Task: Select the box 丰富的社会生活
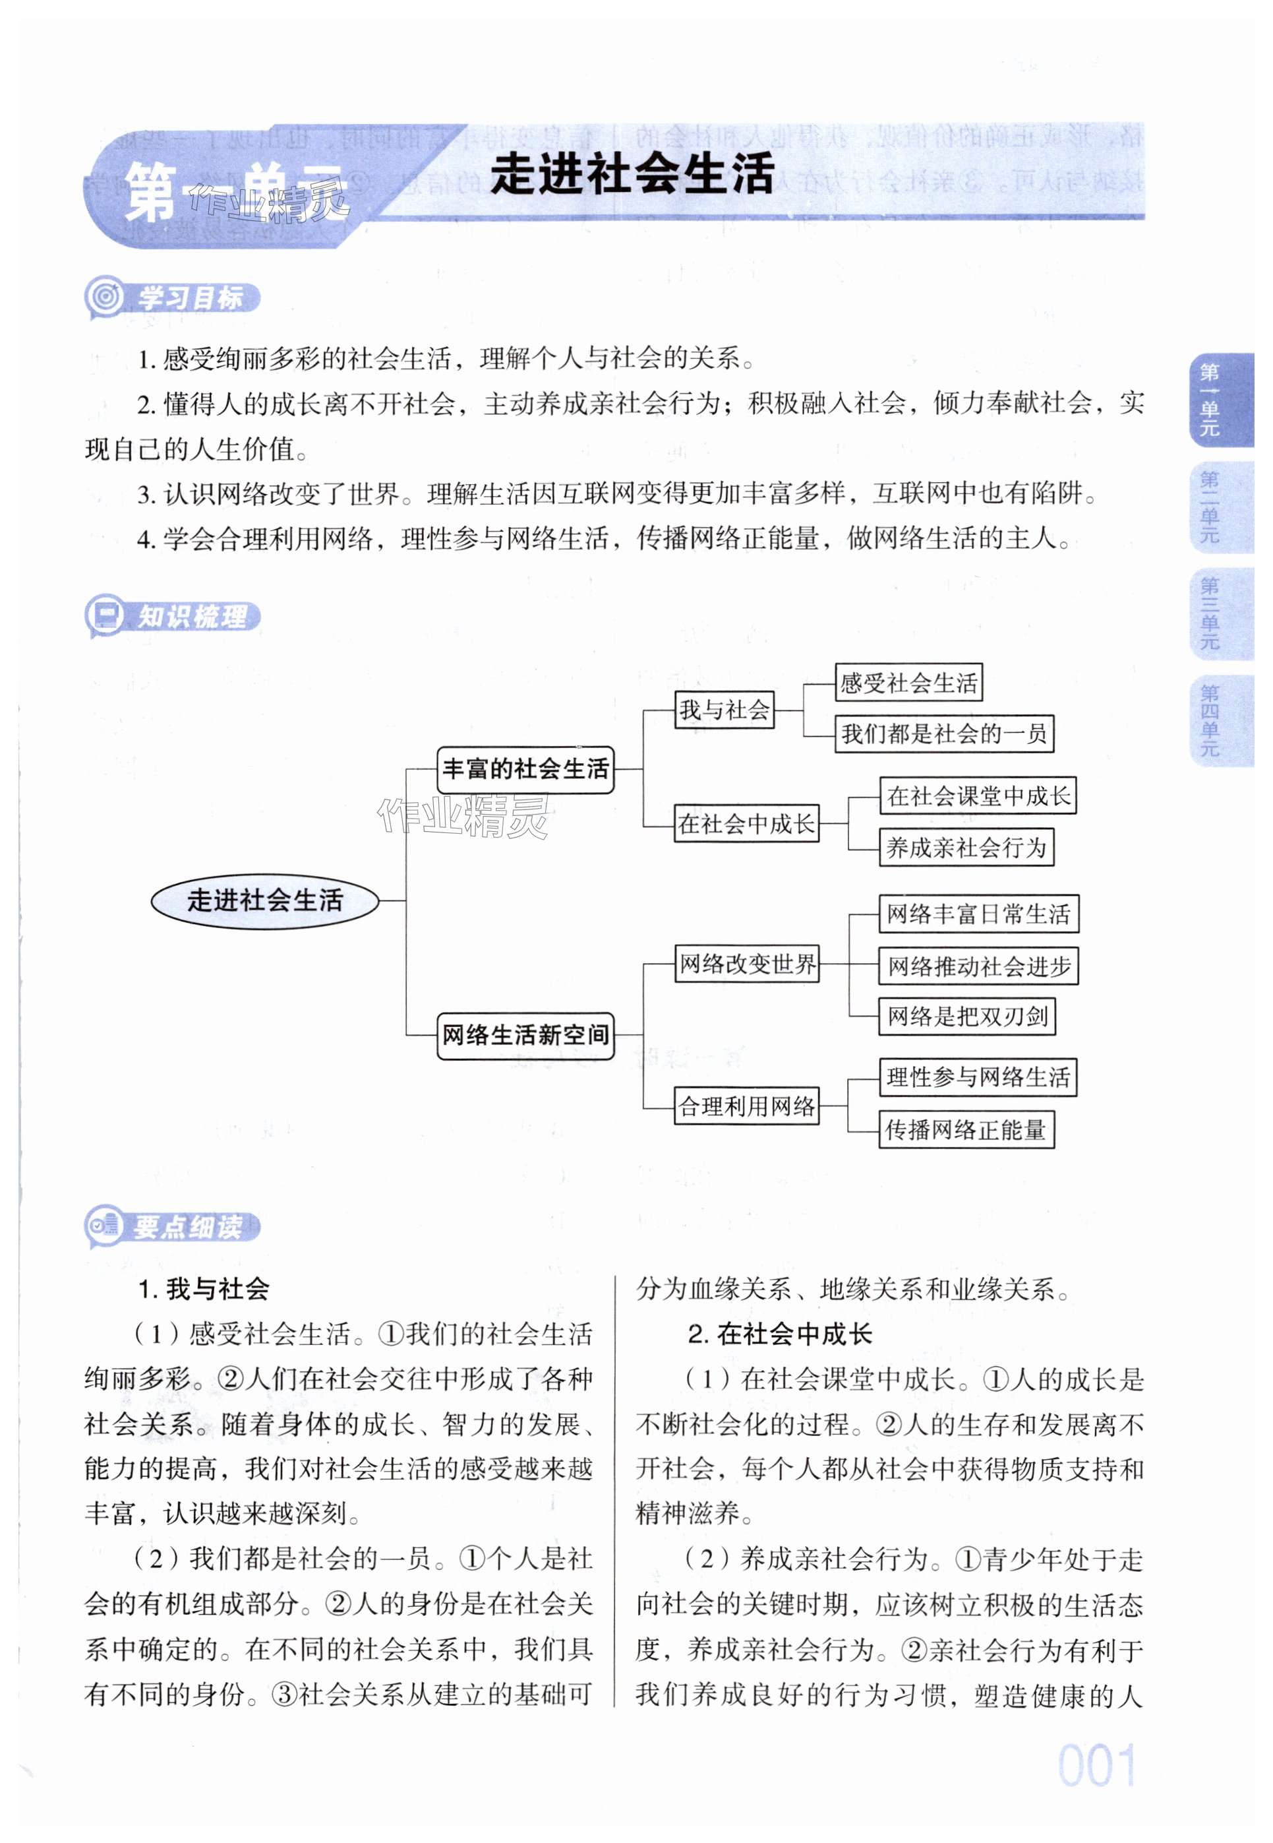coord(525,769)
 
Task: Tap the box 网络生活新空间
coord(525,1036)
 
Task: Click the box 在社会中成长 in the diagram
coord(746,823)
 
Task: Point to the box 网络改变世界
coord(746,964)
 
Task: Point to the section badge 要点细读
coord(173,1226)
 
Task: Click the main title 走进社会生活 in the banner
coord(632,174)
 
